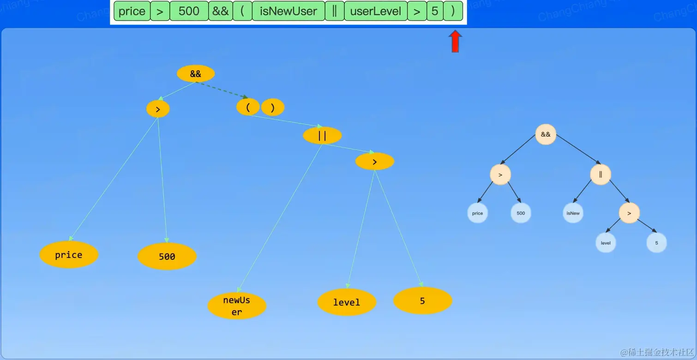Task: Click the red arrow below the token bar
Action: pos(455,42)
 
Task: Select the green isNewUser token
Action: pos(288,12)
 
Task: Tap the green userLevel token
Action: pos(376,12)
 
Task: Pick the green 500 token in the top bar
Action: pos(189,12)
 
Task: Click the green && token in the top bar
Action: pos(220,12)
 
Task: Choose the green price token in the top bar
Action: pos(132,12)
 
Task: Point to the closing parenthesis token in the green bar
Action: pos(452,12)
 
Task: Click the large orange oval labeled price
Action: pos(69,255)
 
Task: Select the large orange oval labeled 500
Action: pos(167,256)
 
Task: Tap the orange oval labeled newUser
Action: pos(237,306)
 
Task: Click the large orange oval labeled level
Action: pos(347,302)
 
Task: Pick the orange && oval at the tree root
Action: pos(196,74)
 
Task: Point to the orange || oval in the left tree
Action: pos(322,135)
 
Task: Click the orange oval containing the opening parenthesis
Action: pos(248,107)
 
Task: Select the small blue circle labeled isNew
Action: pos(573,213)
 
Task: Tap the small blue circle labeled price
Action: pos(477,213)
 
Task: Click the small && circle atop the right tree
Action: pos(546,134)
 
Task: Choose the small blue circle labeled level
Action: pos(606,243)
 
